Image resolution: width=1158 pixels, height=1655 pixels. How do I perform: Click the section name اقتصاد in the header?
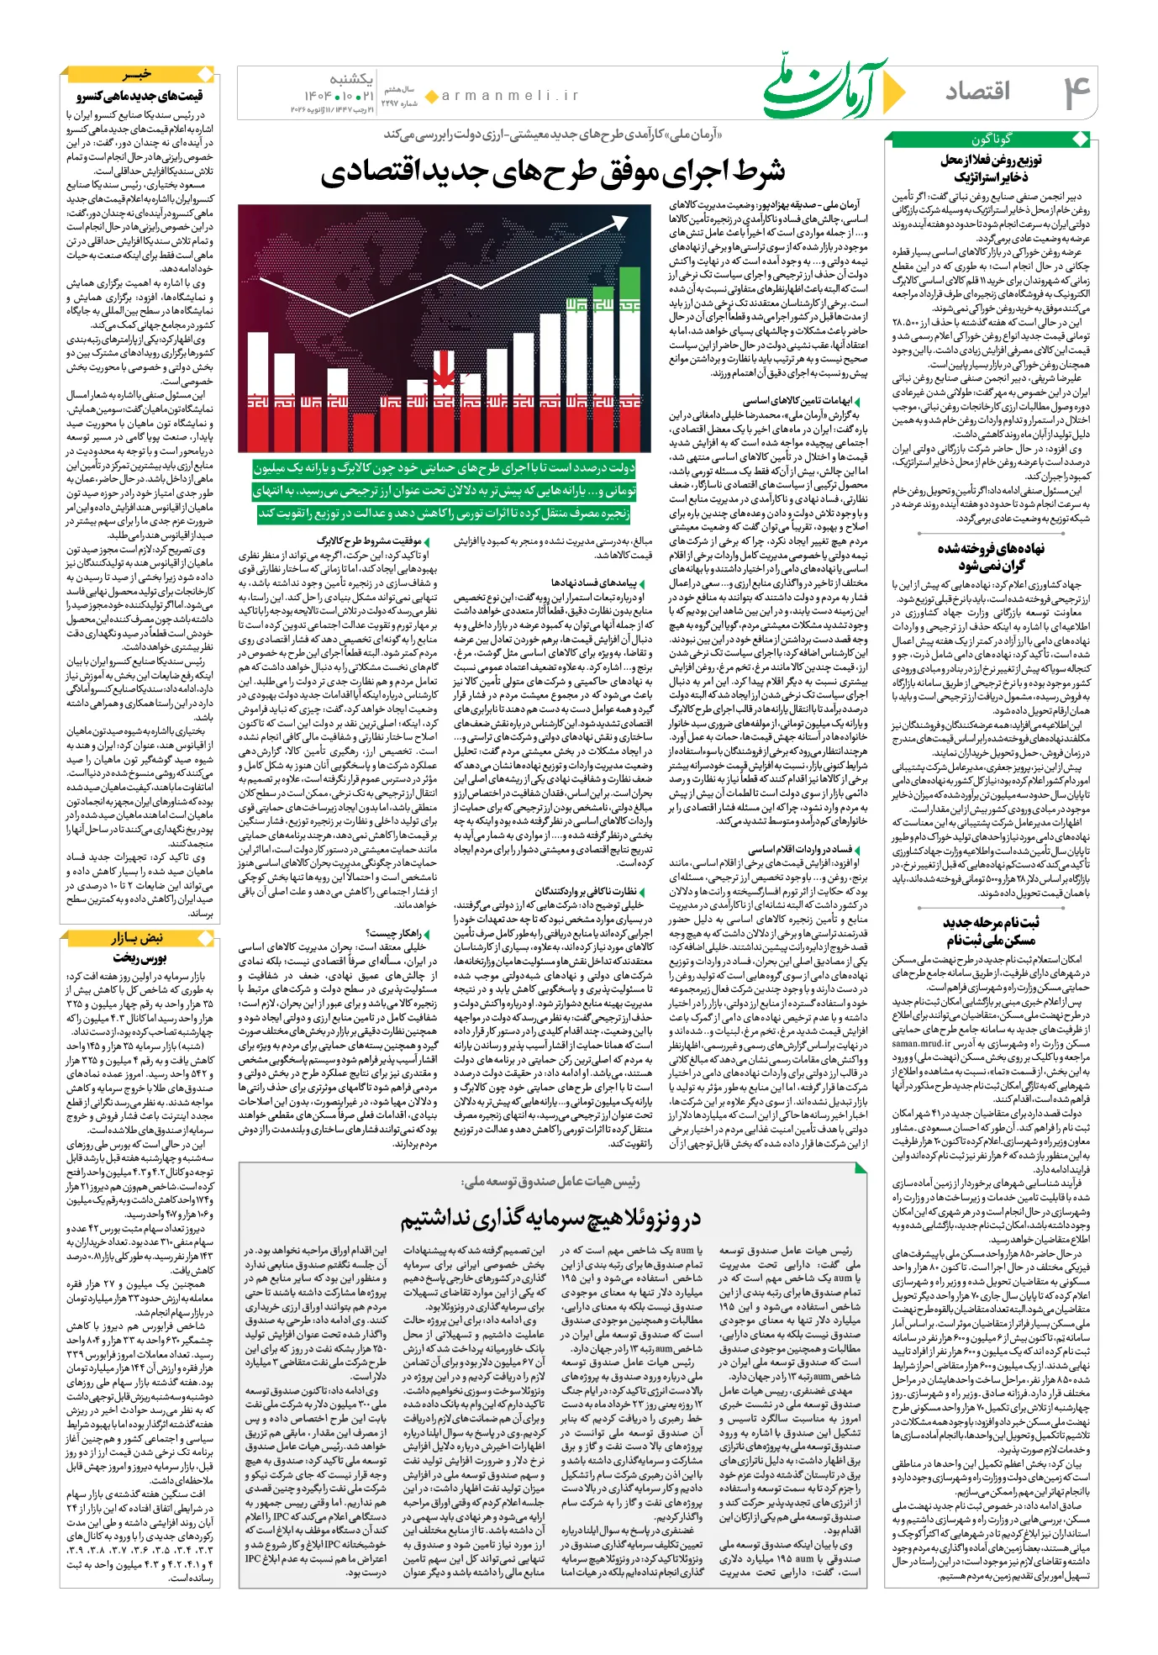pos(977,92)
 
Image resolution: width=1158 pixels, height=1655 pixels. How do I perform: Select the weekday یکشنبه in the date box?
pos(350,79)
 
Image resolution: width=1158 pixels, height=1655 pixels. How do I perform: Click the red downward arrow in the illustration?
pos(443,371)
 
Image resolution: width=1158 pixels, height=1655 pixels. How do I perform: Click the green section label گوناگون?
pos(992,140)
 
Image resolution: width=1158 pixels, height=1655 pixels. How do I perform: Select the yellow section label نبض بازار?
pos(139,937)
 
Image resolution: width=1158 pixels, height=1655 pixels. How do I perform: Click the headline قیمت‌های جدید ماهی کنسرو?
pos(140,96)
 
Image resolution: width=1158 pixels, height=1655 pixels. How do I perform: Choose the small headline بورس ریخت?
pos(140,957)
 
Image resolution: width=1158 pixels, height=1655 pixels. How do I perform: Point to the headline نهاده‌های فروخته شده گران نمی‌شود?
pos(992,557)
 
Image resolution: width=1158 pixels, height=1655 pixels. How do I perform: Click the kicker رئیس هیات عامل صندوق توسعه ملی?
pos(551,1182)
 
